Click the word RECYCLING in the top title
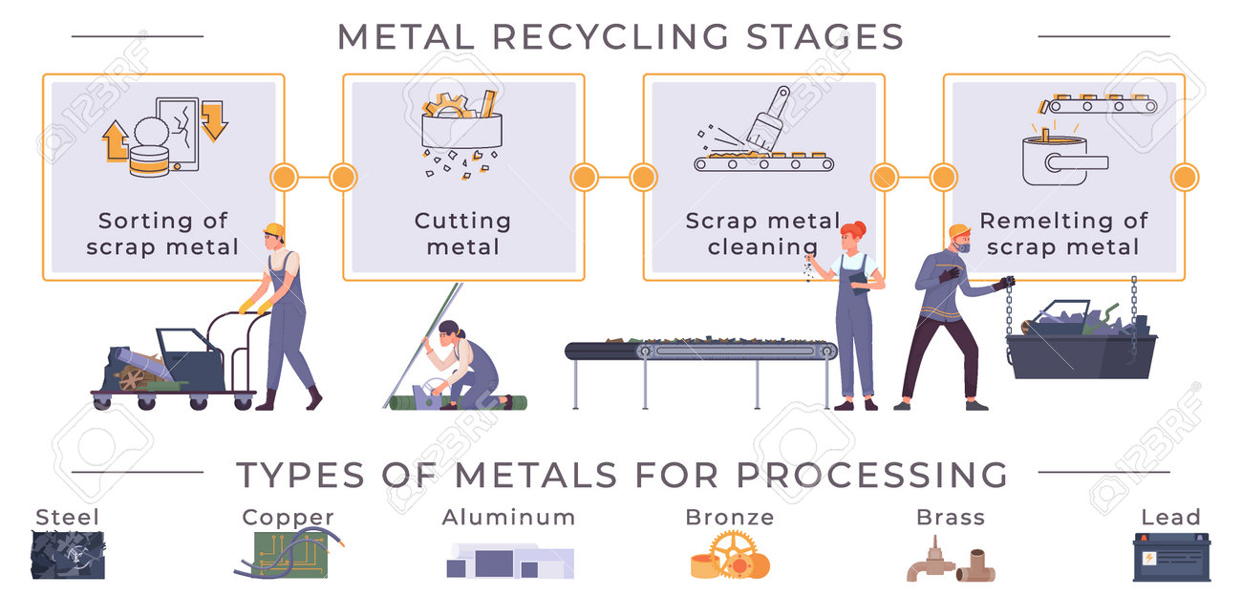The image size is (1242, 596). (610, 37)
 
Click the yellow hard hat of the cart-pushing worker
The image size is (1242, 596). (274, 229)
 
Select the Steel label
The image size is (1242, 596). (67, 517)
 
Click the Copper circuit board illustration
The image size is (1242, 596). (290, 555)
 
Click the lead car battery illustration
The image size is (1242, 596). (1171, 557)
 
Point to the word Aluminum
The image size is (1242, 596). (508, 518)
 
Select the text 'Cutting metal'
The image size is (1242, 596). (463, 234)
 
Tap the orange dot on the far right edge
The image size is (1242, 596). (1185, 178)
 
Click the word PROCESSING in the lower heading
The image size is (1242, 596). (871, 475)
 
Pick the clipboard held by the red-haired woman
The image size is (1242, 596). (859, 281)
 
